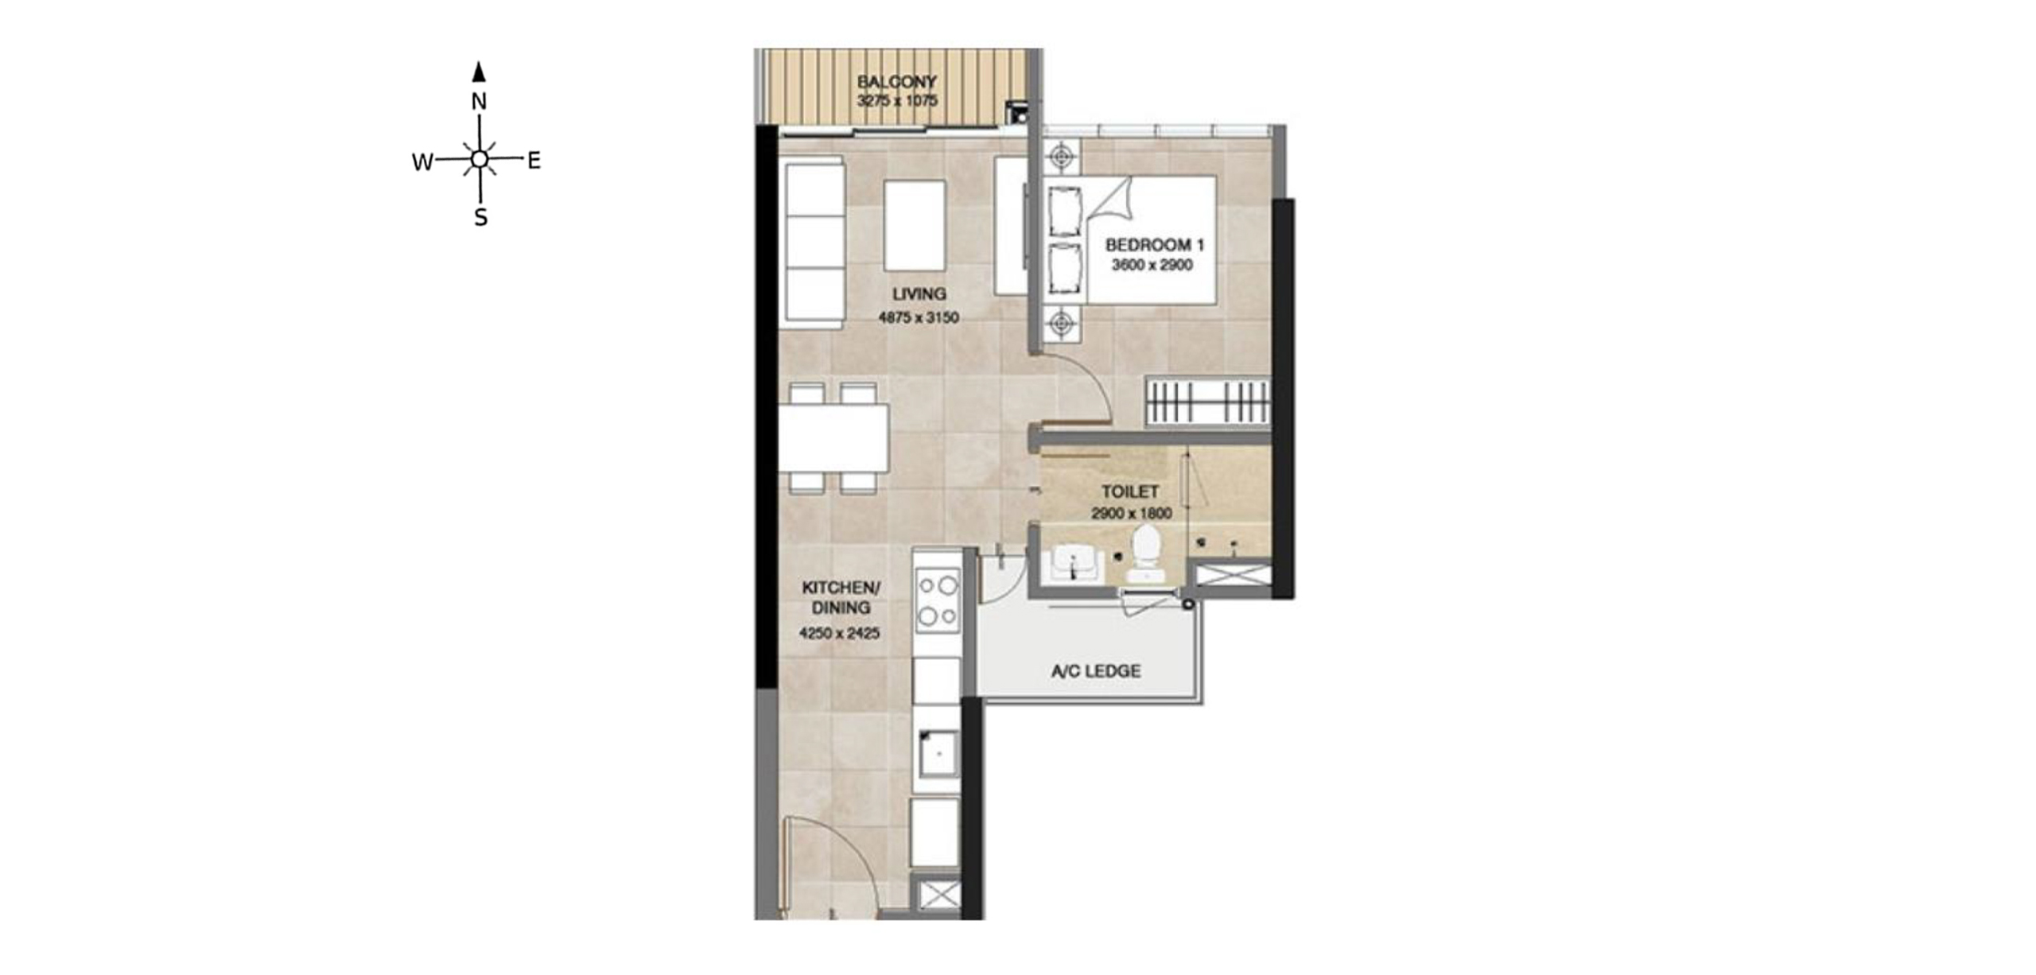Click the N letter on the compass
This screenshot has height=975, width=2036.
click(x=479, y=102)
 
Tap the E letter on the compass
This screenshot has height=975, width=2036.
click(x=534, y=161)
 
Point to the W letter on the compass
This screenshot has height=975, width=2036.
click(x=422, y=162)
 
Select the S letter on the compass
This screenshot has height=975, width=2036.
click(x=480, y=217)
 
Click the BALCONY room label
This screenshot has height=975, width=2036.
click(x=896, y=82)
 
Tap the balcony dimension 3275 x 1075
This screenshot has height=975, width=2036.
click(x=897, y=101)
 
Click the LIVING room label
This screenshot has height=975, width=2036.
click(x=919, y=293)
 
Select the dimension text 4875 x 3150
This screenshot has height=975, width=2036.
click(x=919, y=317)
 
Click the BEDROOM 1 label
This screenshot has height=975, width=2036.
click(x=1155, y=245)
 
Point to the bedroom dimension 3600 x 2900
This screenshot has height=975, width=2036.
click(x=1152, y=265)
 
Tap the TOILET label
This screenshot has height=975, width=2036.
click(x=1130, y=491)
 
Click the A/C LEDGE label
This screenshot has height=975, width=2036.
click(x=1096, y=671)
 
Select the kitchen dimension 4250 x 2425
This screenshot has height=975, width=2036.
click(x=839, y=634)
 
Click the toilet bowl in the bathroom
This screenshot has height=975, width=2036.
click(x=1146, y=554)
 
